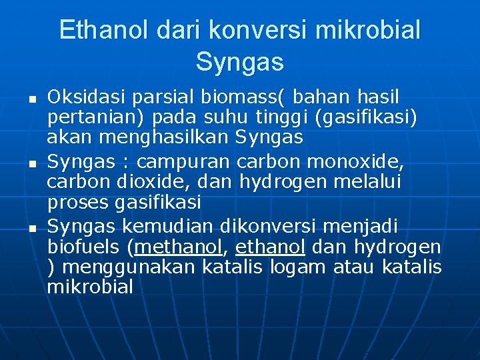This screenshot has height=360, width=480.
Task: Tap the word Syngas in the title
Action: pos(240,62)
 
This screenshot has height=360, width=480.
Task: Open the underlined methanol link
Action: pos(178,247)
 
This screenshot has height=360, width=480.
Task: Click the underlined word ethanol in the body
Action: pos(269,247)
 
